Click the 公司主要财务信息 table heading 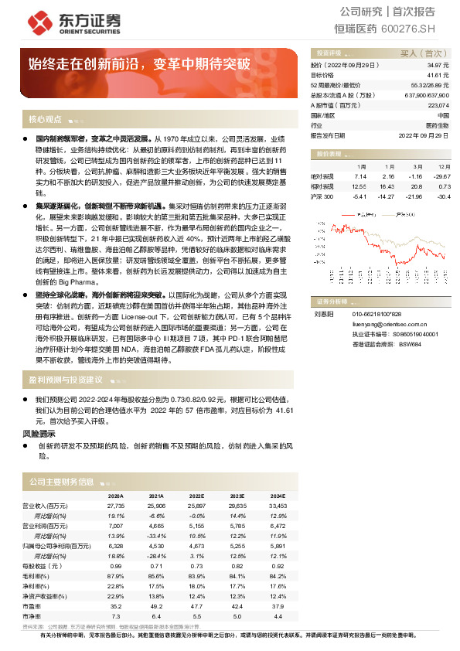pos(61,481)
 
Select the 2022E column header pos(196,496)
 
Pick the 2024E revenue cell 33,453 pos(276,506)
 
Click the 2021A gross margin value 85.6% pos(155,576)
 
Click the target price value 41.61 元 pos(437,76)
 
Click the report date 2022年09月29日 pos(423,134)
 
